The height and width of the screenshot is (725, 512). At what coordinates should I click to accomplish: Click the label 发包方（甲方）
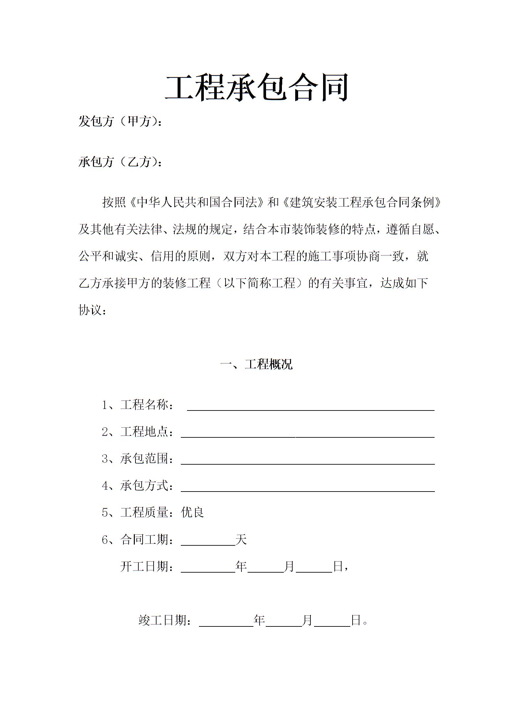118,122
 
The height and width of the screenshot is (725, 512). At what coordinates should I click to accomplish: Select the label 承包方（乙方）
118,162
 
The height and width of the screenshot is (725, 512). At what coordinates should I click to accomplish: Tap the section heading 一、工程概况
256,364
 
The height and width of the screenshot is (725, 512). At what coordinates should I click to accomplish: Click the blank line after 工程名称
310,407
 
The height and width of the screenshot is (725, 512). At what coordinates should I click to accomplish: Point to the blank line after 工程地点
307,434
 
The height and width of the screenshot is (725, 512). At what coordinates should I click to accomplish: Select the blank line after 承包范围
307,461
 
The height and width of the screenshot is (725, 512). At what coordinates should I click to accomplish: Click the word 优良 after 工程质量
192,513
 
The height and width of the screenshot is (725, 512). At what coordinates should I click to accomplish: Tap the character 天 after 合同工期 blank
241,540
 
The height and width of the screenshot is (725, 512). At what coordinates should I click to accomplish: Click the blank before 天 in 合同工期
208,542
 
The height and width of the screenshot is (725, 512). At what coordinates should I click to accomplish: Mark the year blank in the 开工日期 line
208,569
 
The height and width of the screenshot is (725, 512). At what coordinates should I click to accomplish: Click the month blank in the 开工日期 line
266,569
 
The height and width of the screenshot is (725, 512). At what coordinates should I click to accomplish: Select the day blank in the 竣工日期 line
332,623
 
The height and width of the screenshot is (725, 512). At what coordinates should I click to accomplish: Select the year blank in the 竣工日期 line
226,623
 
